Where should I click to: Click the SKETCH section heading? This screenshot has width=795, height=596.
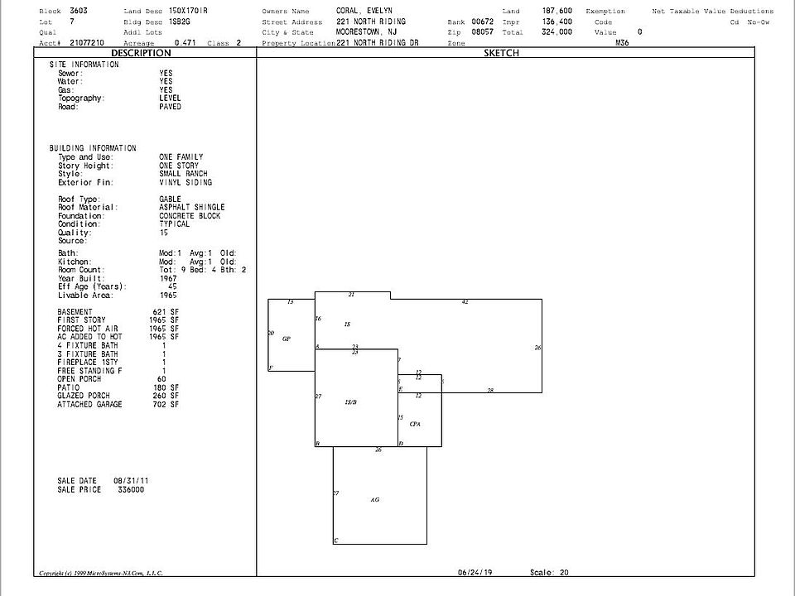501,53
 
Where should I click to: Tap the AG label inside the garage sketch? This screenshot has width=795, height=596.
375,500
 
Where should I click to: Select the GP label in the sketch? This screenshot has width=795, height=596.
286,339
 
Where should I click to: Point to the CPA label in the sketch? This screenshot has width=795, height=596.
415,424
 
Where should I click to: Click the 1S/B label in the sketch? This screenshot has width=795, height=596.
350,402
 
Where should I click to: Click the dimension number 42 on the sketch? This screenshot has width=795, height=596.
465,303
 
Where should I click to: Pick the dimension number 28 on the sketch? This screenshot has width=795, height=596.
490,390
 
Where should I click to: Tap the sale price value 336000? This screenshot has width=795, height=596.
128,489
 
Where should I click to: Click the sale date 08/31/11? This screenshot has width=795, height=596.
131,480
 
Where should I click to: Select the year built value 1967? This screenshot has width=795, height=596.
168,278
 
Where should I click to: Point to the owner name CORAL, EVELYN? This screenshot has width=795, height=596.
369,11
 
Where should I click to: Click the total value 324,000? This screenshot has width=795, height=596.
556,31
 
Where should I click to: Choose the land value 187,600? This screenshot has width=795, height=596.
556,11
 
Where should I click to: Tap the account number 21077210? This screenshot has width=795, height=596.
87,42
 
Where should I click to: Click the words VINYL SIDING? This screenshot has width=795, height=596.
185,182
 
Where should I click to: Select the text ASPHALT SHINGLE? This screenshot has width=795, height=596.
191,207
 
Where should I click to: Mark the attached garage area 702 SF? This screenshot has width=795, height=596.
166,404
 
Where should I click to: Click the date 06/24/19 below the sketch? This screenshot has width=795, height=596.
475,572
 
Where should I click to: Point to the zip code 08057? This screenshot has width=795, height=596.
482,31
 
